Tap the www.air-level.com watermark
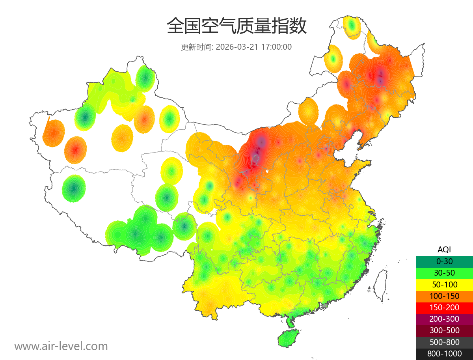(61, 346)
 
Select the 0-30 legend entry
(444, 261)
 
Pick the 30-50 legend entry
(444, 273)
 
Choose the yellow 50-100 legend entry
(444, 284)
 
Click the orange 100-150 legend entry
(444, 296)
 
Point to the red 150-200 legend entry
(444, 307)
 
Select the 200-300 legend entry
(444, 319)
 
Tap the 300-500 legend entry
(444, 330)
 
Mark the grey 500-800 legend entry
(444, 342)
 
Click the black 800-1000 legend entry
(444, 354)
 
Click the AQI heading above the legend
(444, 250)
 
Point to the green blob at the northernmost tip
(352, 27)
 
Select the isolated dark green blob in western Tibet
(74, 188)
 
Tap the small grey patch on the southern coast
(325, 306)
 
